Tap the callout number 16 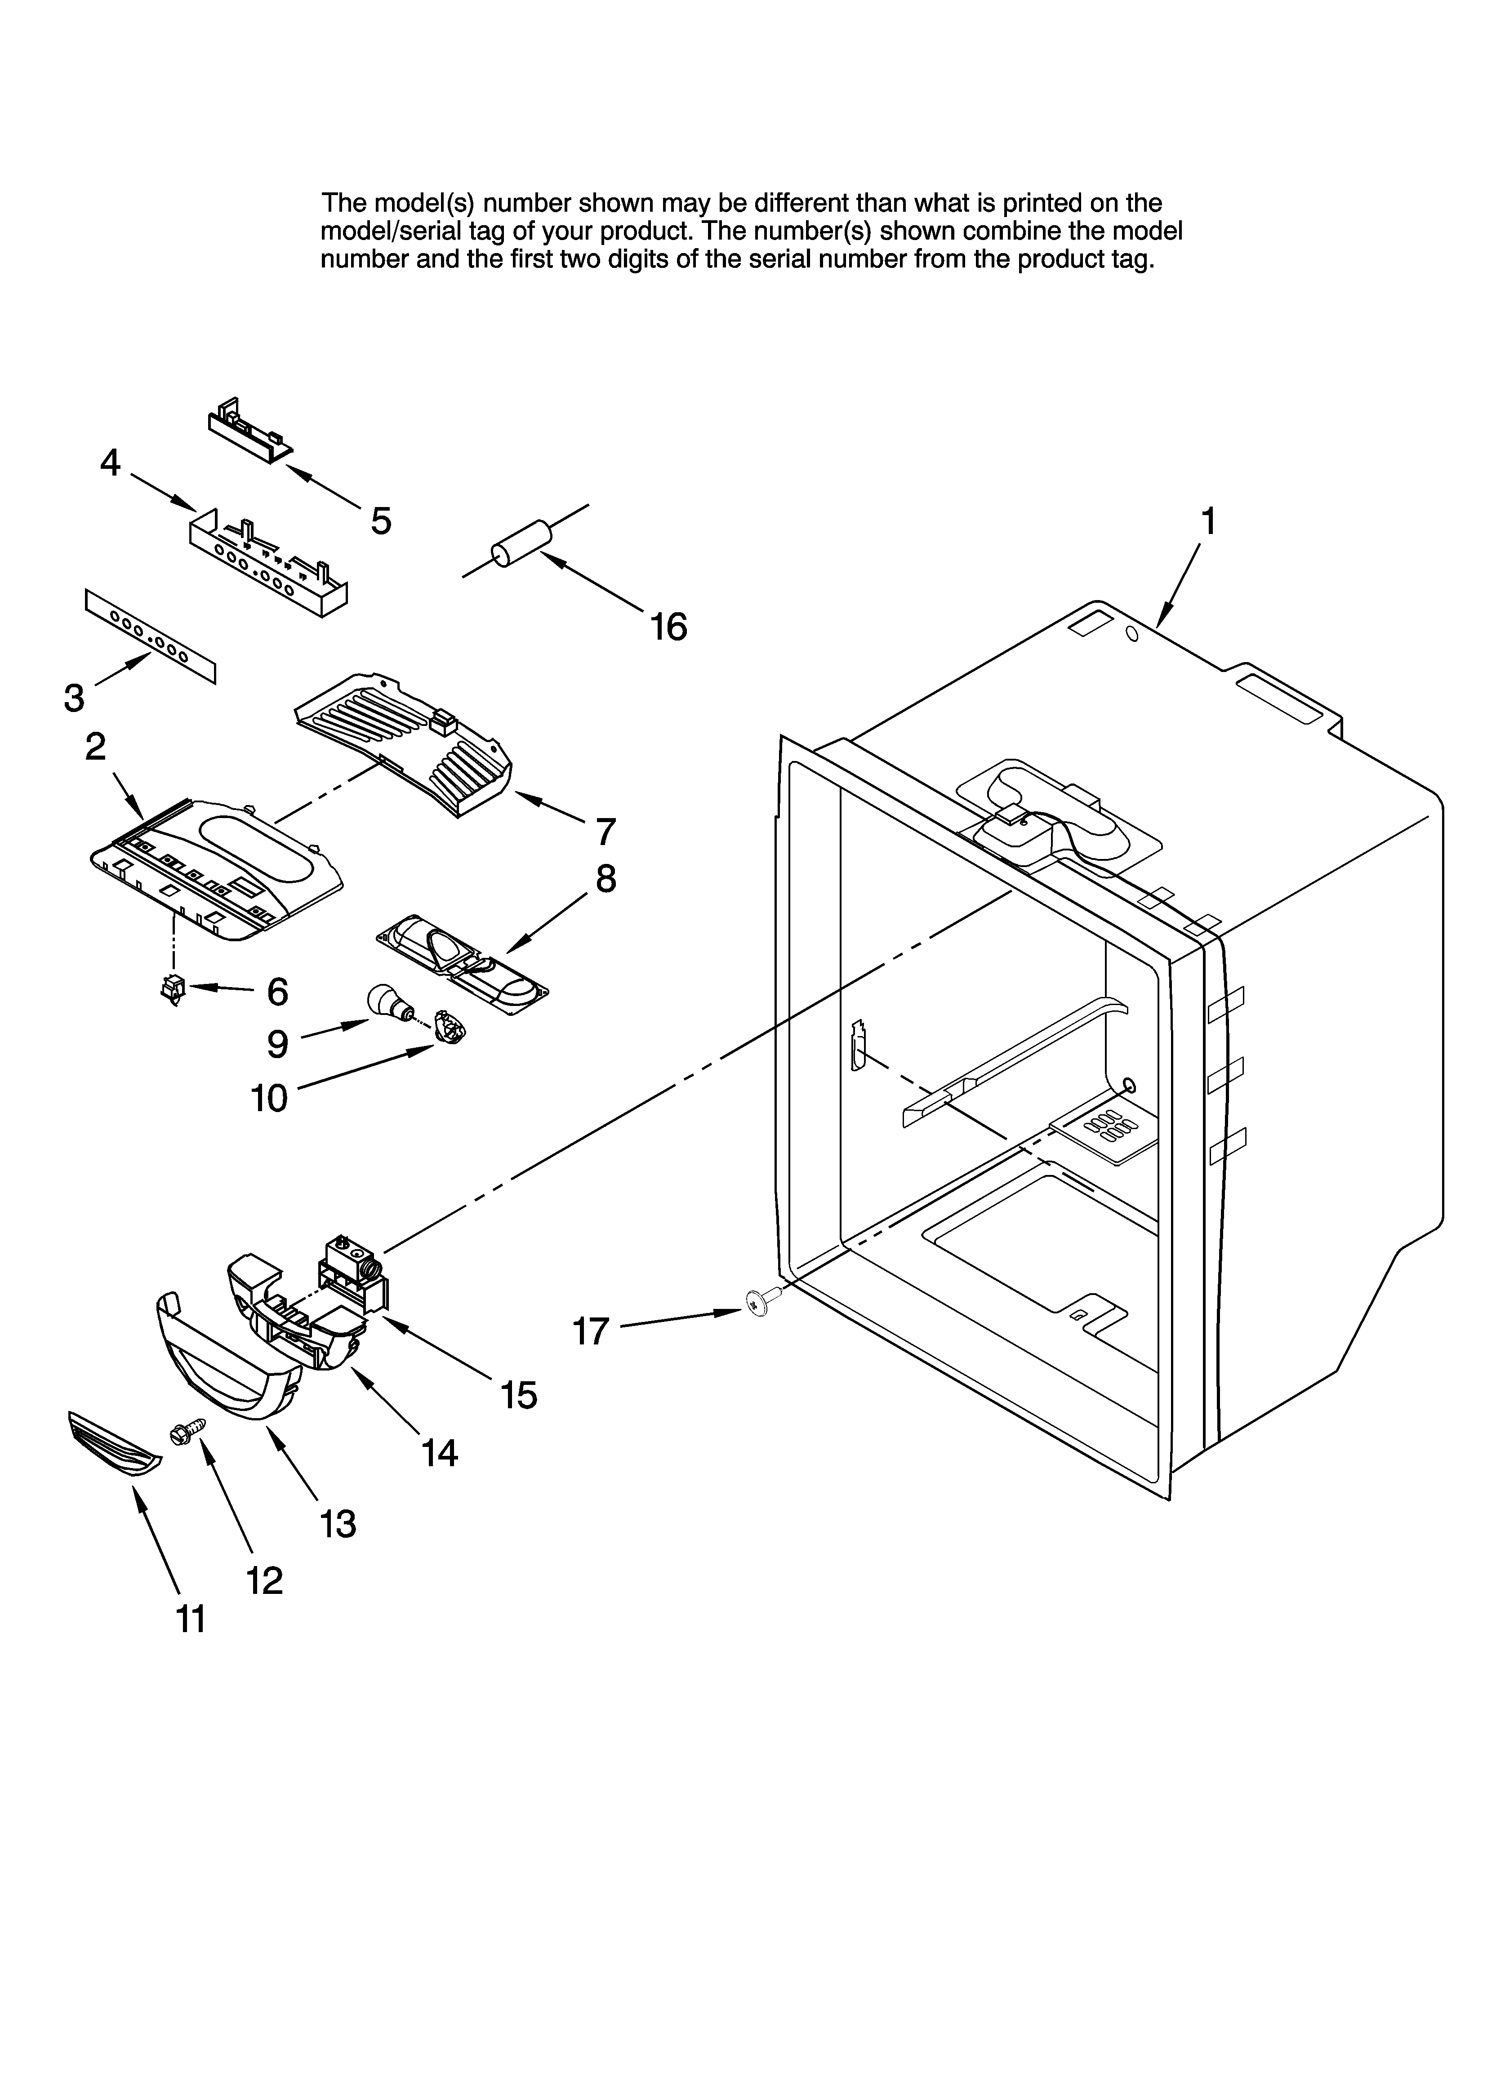[668, 627]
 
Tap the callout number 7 [605, 832]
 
